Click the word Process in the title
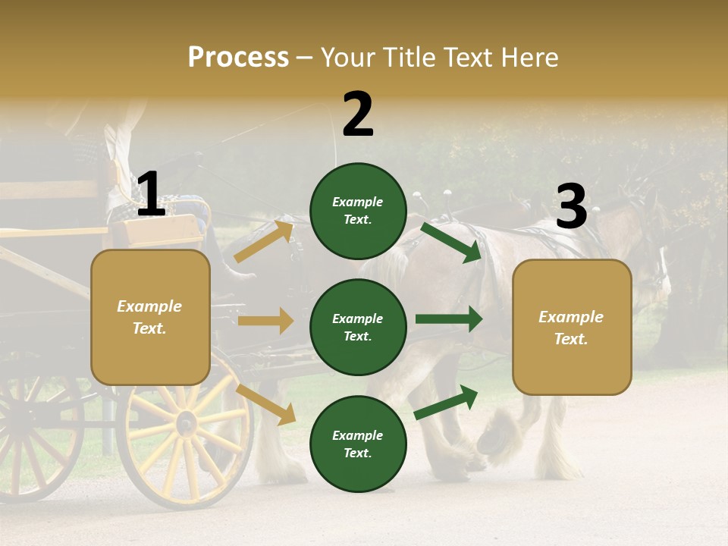pyautogui.click(x=238, y=57)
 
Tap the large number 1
pyautogui.click(x=150, y=195)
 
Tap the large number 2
pyautogui.click(x=358, y=115)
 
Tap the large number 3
pyautogui.click(x=571, y=206)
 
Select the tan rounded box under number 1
pyautogui.click(x=150, y=317)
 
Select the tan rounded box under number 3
pyautogui.click(x=572, y=328)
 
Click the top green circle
pyautogui.click(x=358, y=211)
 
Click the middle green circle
pyautogui.click(x=358, y=328)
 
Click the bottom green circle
pyautogui.click(x=358, y=444)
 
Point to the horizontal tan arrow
pyautogui.click(x=265, y=321)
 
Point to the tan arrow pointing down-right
pyautogui.click(x=266, y=404)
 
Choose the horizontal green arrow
pyautogui.click(x=449, y=319)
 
